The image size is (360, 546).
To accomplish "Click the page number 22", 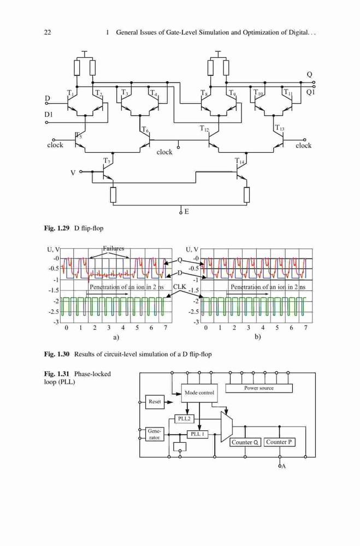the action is pos(48,32).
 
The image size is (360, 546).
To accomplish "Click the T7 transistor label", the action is pos(107,161).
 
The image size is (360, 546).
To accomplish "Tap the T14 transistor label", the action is pos(239,161).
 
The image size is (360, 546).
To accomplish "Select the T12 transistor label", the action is pos(204,128).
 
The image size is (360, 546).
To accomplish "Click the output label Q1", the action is pos(310,92).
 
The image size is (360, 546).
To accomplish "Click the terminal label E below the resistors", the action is pos(187,211).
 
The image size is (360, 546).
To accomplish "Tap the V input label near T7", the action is pos(73,173).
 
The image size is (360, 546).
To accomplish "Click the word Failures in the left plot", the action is pos(113,248).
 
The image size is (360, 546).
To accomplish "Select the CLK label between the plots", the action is pos(180,287).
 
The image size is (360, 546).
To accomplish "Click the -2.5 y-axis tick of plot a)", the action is pos(54,312).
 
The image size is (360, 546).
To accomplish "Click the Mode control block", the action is pos(199,393).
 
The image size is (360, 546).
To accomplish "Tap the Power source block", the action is pos(259,388).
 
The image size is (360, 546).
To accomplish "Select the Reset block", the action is pos(155,401).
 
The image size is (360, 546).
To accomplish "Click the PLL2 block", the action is pos(184,419).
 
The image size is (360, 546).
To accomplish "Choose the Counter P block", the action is pos(279,442).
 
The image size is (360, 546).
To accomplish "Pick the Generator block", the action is pos(155,434).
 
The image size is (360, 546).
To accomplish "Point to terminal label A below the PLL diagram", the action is pos(284,466).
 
